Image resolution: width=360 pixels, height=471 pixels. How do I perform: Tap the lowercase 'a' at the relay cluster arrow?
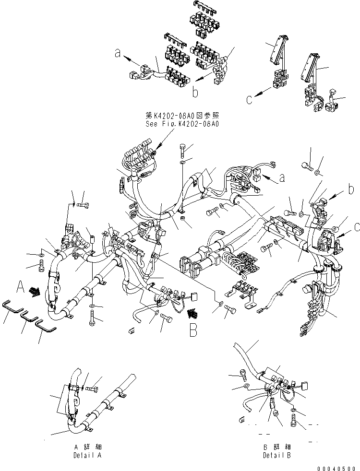118,54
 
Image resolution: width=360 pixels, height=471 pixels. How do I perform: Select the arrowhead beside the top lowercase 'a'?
125,57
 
